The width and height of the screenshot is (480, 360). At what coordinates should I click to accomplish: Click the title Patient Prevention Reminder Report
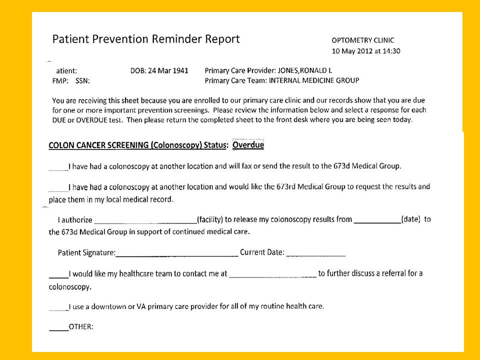[x=146, y=39]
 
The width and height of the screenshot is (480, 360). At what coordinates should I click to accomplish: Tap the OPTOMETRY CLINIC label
[x=362, y=40]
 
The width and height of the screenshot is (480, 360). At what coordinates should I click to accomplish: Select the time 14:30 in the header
[x=391, y=51]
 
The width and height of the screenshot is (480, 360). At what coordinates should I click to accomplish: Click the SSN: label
[x=82, y=80]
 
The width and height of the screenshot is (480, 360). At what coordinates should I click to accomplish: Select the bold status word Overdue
[x=248, y=145]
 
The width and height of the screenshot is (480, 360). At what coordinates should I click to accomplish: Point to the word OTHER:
[x=81, y=327]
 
